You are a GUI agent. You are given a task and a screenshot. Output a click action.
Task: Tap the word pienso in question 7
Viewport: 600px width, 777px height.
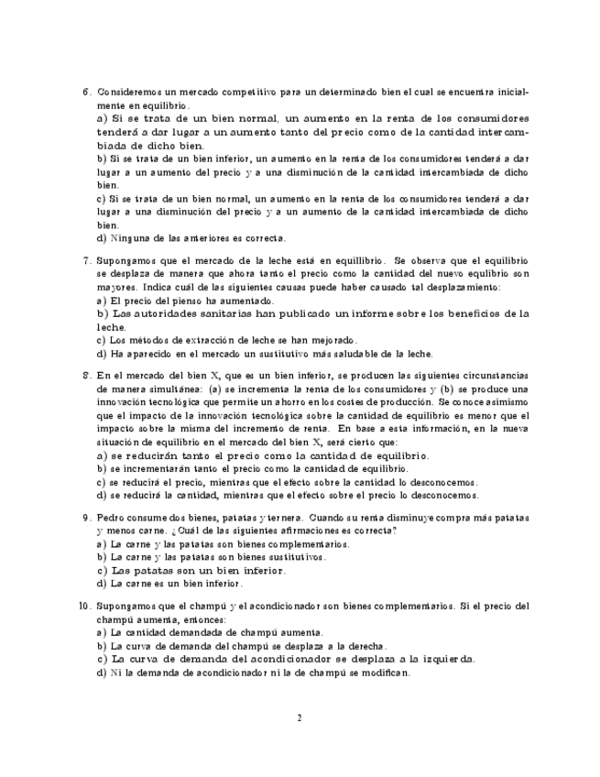[x=205, y=301]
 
